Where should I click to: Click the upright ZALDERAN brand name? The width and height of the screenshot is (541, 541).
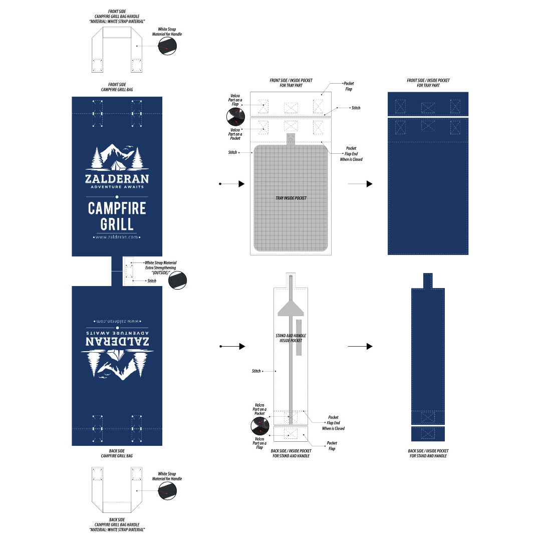[x=117, y=179]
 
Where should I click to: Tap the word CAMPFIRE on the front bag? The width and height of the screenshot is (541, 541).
[x=117, y=208]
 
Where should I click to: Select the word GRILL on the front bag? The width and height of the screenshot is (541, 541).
[x=117, y=224]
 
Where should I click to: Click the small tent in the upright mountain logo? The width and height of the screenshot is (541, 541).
[x=118, y=166]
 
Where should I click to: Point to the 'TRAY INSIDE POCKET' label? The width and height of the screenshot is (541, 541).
[x=291, y=198]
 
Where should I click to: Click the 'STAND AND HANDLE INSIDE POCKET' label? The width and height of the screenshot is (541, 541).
[x=291, y=338]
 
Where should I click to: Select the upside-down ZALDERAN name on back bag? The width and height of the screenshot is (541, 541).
[x=117, y=342]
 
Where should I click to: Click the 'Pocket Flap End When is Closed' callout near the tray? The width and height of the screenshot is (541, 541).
[x=351, y=154]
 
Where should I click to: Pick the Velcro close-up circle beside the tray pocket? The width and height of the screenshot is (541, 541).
[x=235, y=117]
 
